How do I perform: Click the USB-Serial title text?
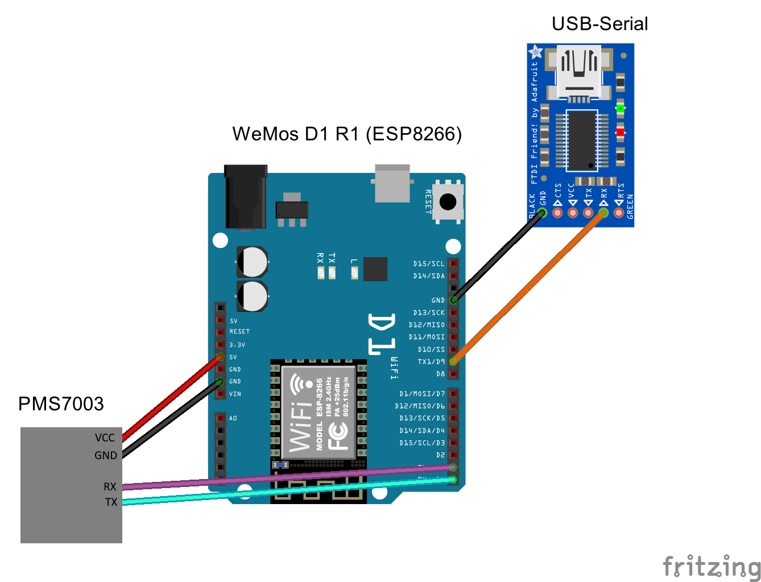pyautogui.click(x=599, y=24)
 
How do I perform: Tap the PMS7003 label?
pyautogui.click(x=61, y=404)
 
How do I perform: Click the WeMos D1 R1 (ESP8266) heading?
pyautogui.click(x=347, y=134)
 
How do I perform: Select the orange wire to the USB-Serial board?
pyautogui.click(x=529, y=287)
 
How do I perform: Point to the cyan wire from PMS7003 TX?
pyautogui.click(x=284, y=492)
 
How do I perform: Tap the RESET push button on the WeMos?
pyautogui.click(x=448, y=201)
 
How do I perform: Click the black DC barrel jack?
pyautogui.click(x=246, y=196)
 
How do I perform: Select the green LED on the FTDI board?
pyautogui.click(x=620, y=108)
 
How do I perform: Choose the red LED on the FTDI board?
pyautogui.click(x=620, y=133)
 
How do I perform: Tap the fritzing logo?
pyautogui.click(x=711, y=567)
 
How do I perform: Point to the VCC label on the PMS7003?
pyautogui.click(x=105, y=438)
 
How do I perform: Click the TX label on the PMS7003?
pyautogui.click(x=111, y=502)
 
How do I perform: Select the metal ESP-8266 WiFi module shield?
pyautogui.click(x=319, y=412)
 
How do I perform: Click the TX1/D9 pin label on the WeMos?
pyautogui.click(x=431, y=362)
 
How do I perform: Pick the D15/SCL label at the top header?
pyautogui.click(x=429, y=264)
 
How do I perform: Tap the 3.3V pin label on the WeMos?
pyautogui.click(x=237, y=345)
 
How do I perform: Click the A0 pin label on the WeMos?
pyautogui.click(x=233, y=419)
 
